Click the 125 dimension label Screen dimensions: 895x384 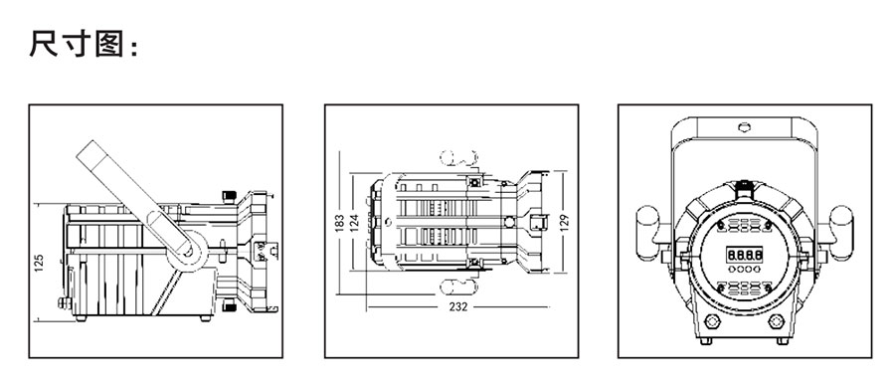tap(39, 263)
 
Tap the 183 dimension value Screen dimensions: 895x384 tap(339, 222)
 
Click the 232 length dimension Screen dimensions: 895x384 tap(457, 306)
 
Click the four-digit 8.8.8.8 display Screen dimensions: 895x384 tap(744, 254)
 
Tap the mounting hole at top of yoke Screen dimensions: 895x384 tap(744, 127)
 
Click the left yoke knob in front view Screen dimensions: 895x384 tap(647, 233)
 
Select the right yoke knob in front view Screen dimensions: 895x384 tap(840, 233)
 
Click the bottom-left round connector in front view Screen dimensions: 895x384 tap(712, 321)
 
